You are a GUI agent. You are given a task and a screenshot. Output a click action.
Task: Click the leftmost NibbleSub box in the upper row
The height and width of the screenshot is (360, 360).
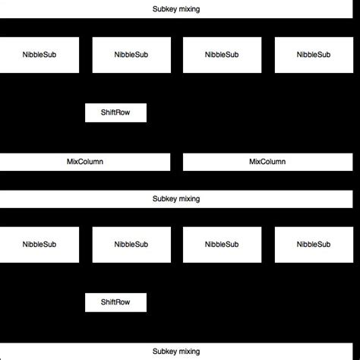click(x=39, y=55)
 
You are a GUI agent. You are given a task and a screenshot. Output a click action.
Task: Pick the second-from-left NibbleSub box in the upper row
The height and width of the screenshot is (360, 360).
click(x=131, y=55)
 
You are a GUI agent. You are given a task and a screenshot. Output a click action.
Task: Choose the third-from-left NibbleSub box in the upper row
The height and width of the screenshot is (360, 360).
click(x=221, y=55)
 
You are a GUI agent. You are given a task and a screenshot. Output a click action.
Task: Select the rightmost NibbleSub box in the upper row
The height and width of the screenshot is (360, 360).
click(x=314, y=55)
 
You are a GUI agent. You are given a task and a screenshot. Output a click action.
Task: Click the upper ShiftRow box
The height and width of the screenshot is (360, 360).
click(x=115, y=112)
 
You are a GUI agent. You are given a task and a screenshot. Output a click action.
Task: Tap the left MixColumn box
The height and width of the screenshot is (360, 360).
click(x=85, y=162)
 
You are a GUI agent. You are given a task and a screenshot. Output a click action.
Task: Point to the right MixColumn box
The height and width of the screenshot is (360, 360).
click(x=267, y=162)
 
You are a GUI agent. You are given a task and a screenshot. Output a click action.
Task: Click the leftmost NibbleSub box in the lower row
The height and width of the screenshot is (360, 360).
click(x=39, y=245)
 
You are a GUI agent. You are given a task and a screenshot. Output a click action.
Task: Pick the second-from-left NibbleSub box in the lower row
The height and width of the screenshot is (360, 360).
click(x=131, y=245)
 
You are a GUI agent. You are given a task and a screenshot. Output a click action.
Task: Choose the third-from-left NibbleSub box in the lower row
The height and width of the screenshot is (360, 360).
click(x=221, y=245)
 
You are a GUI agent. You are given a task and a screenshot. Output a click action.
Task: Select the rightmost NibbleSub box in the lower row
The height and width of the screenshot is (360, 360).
click(x=314, y=245)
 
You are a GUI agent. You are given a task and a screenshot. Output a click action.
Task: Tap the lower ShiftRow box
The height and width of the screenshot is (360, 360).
click(x=115, y=302)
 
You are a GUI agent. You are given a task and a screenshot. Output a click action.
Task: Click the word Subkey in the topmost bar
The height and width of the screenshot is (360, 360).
click(x=164, y=10)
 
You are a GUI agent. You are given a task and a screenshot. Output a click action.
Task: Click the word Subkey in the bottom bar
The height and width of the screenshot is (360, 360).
click(x=164, y=352)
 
